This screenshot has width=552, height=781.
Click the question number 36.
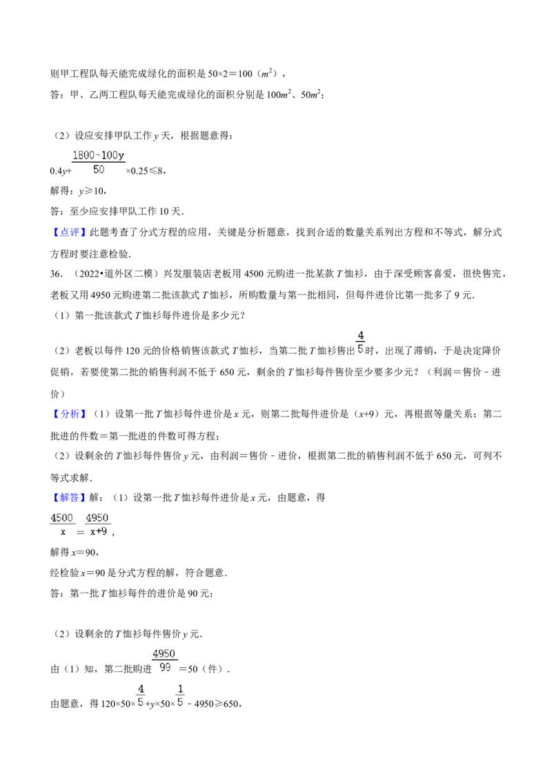click(56, 274)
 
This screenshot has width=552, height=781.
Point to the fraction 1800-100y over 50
click(99, 162)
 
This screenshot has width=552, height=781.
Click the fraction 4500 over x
click(62, 524)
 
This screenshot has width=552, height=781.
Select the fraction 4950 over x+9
click(98, 524)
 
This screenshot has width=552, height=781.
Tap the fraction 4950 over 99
click(164, 660)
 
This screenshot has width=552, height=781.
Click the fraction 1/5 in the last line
click(180, 696)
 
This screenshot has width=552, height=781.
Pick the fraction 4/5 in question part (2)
click(361, 343)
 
